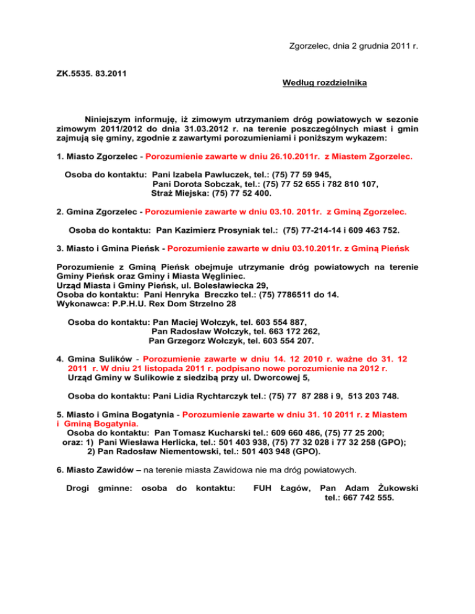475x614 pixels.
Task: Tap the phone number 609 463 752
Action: (x=367, y=230)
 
